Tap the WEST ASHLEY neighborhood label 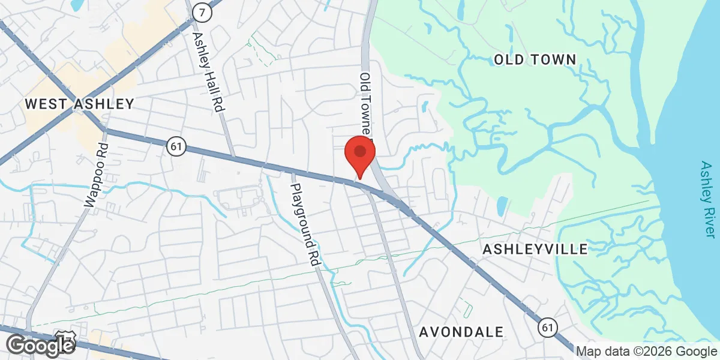point(79,104)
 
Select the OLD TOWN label point(535,59)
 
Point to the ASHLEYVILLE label point(535,249)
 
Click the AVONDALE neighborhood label point(461,332)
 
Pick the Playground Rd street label point(305,225)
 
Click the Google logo point(40,345)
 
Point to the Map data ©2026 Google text point(647,352)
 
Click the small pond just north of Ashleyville point(502,205)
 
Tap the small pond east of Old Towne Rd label point(425,107)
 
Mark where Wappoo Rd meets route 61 point(104,130)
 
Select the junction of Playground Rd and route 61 point(292,170)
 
